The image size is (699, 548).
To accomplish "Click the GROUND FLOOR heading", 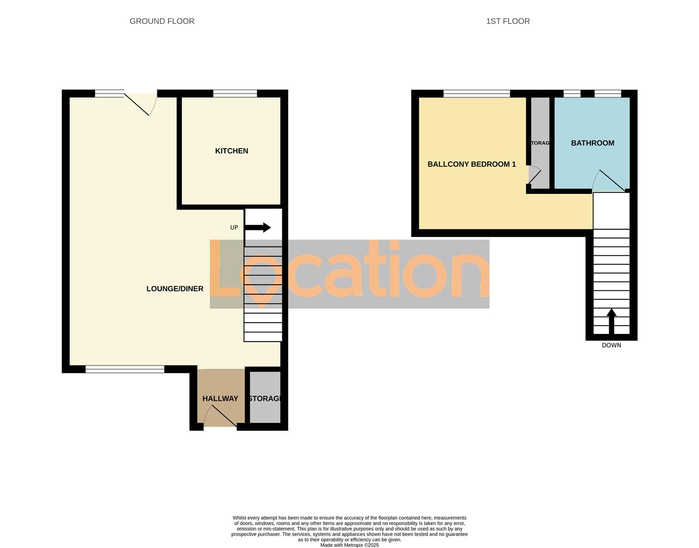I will point(162,21).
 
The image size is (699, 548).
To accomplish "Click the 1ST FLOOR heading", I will point(508,21).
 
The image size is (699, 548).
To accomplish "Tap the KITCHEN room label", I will point(231,151).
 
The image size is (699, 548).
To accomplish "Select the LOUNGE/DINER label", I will point(175,289).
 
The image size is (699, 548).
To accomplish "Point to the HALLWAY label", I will point(220,399).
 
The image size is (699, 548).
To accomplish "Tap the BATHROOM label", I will point(592,143).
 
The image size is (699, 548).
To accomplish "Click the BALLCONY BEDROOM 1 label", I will point(472,164).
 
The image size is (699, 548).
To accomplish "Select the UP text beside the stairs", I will point(234,228).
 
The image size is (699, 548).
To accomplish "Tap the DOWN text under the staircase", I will point(611,346).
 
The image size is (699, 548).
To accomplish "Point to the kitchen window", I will point(235,93).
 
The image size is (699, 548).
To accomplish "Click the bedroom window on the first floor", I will point(476,93).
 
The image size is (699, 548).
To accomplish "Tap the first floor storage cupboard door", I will point(535,176).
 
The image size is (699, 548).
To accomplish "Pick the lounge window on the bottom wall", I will point(125,369).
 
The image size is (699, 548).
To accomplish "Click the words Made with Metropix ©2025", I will point(349,545).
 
